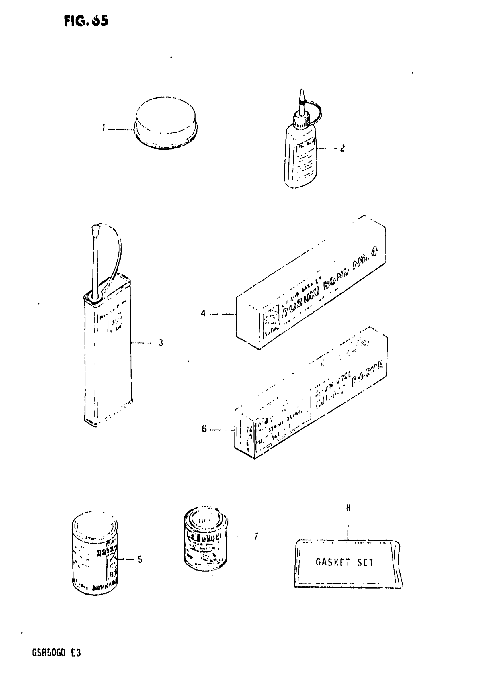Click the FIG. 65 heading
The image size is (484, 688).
pos(86,21)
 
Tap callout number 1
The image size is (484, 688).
pos(103,128)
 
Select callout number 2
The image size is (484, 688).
pos(343,148)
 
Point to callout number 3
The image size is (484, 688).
pos(161,342)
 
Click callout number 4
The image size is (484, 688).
pos(203,313)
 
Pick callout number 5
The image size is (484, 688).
pos(140,560)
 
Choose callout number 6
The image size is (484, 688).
pos(204,429)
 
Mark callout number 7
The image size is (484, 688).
pos(256,536)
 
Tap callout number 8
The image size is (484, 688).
pos(348,508)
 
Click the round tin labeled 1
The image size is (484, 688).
pos(166,123)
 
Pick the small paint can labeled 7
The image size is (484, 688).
pos(206,538)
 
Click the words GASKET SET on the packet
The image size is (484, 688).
pos(344,562)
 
